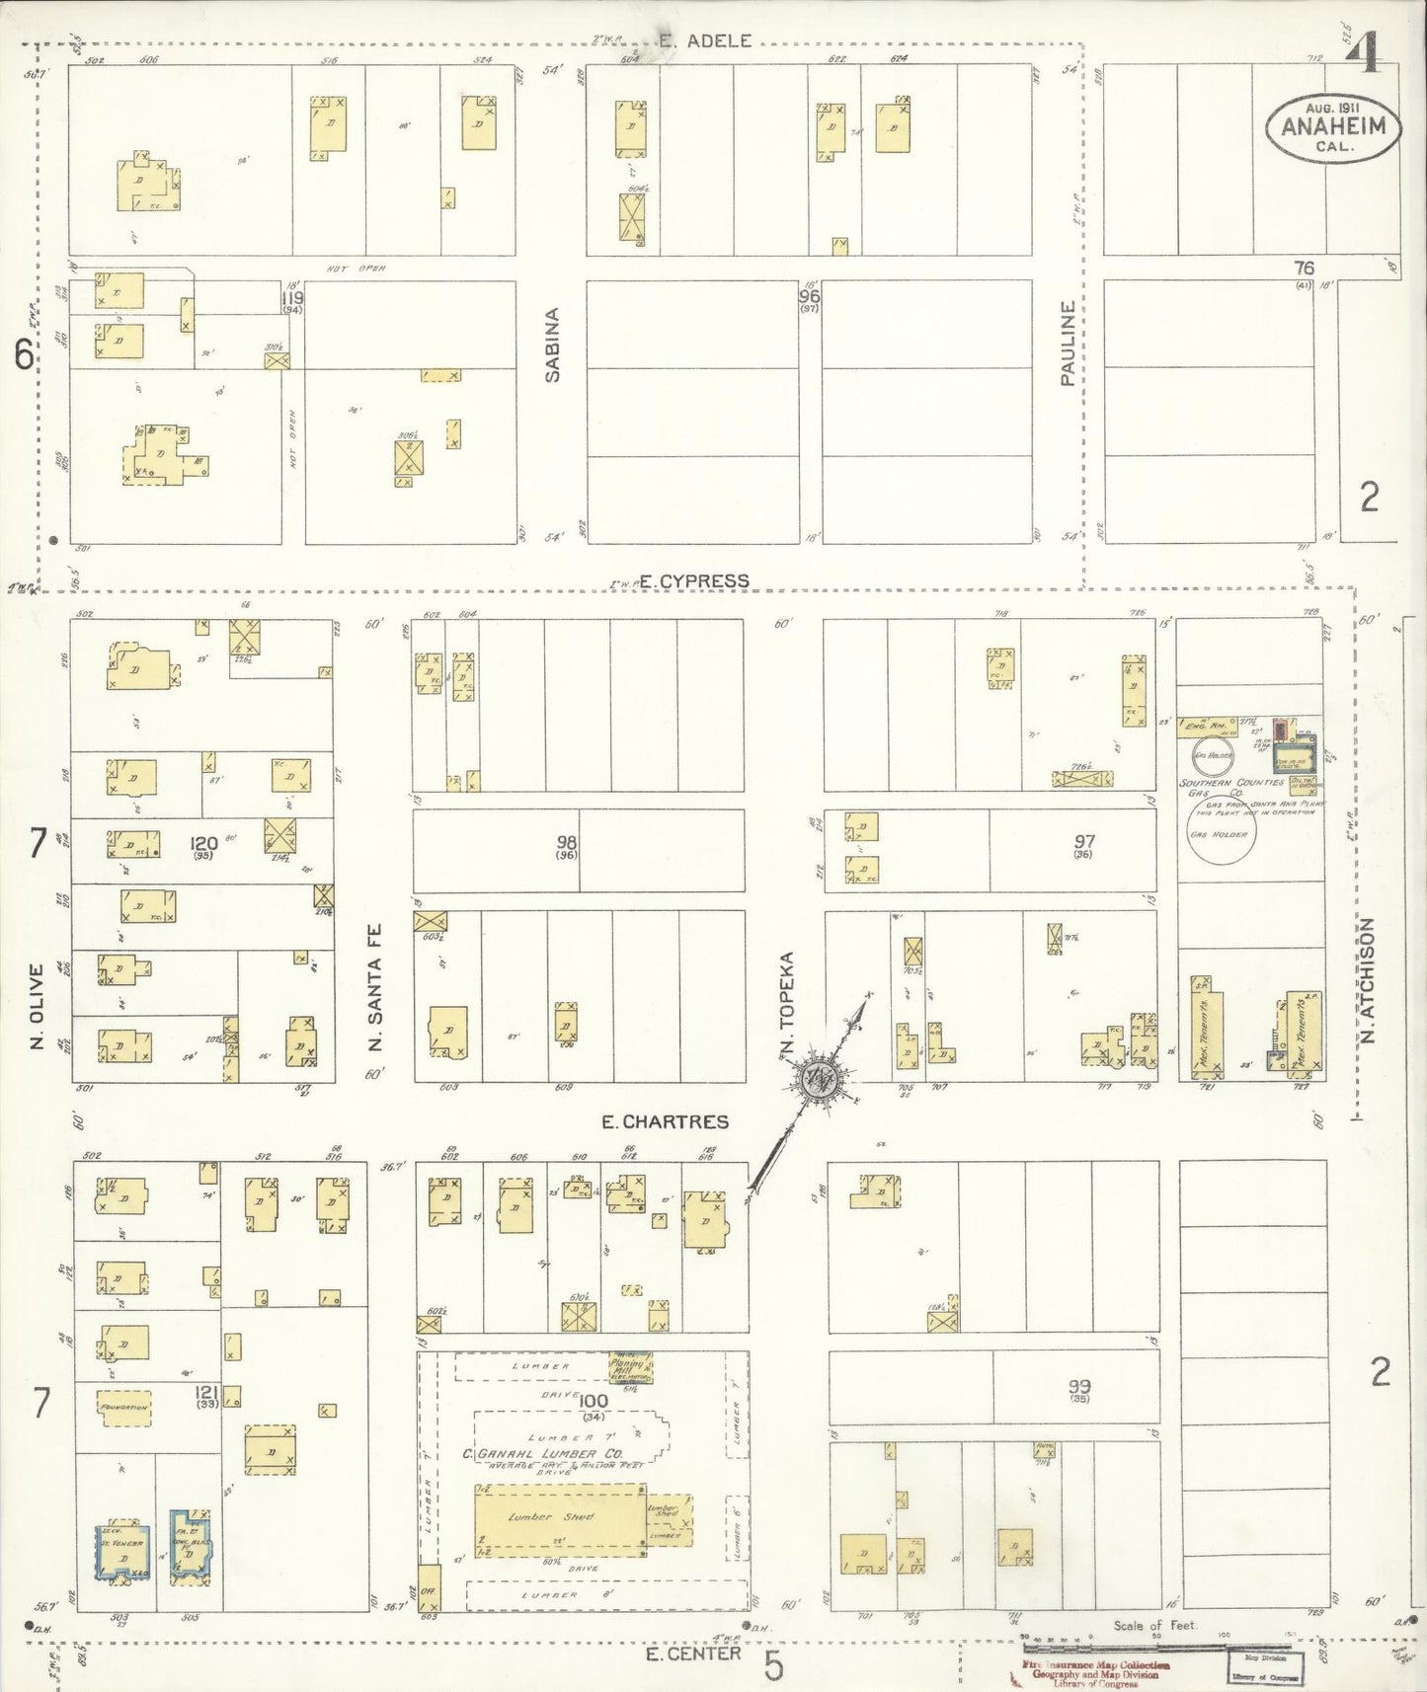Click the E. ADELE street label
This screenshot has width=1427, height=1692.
pyautogui.click(x=705, y=40)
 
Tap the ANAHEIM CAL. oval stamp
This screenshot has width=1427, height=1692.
pyautogui.click(x=1334, y=128)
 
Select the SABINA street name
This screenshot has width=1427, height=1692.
pyautogui.click(x=553, y=345)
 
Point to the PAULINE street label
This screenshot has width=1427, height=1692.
pyautogui.click(x=1068, y=343)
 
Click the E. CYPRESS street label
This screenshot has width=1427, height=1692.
pyautogui.click(x=693, y=581)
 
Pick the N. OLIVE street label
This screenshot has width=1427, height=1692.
pyautogui.click(x=38, y=1007)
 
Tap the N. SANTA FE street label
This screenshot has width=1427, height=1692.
pyautogui.click(x=375, y=987)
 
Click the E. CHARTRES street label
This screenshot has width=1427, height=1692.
pyautogui.click(x=665, y=1121)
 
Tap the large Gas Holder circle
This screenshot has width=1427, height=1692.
pyautogui.click(x=1221, y=835)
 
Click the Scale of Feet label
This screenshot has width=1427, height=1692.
pyautogui.click(x=1153, y=1625)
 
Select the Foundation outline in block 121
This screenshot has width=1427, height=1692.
pyautogui.click(x=124, y=1407)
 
